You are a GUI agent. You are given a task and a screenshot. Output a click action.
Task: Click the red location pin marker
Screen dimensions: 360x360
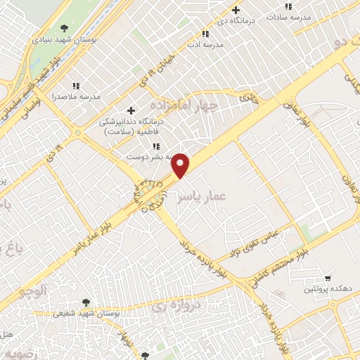tap(181, 165)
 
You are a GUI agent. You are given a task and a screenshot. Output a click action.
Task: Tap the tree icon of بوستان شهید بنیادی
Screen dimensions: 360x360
tap(65, 28)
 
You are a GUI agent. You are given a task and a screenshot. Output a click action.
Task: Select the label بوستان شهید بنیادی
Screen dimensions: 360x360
tap(64, 39)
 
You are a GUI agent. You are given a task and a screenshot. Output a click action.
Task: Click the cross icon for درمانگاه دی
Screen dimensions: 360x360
tap(236, 11)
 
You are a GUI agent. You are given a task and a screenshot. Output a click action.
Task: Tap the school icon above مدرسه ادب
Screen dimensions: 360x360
tap(205, 34)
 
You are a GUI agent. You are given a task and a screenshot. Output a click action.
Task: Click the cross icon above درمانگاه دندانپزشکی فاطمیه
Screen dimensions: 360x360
tap(131, 110)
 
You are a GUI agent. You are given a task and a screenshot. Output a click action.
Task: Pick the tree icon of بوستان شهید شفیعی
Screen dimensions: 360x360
tap(87, 302)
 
